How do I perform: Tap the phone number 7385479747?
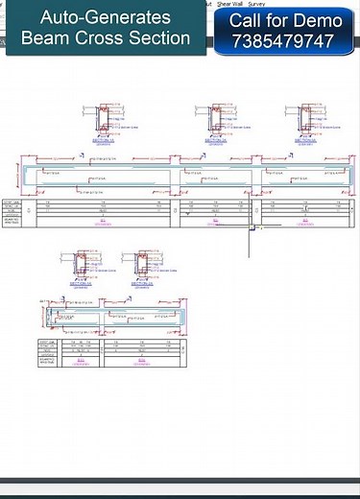282,42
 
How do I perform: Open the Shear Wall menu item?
229,4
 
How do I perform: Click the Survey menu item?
256,4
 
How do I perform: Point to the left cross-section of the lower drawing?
81,266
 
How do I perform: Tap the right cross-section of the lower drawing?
142,266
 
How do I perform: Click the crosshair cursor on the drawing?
250,226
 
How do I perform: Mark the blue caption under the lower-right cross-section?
142,285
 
